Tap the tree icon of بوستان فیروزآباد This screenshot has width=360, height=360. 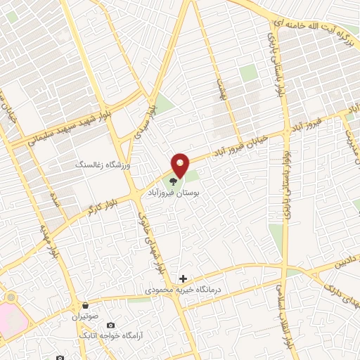point(173,181)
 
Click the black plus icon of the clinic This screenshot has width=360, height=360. point(183,279)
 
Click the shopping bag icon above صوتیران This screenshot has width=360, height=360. point(85,306)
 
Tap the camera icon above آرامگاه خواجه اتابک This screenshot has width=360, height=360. point(110,326)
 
